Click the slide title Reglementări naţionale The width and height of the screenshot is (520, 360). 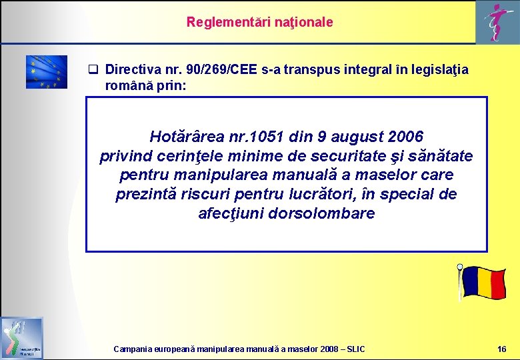click(x=259, y=22)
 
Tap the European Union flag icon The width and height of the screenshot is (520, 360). click(x=47, y=72)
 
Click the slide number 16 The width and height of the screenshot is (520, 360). click(x=501, y=349)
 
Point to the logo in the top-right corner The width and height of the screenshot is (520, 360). click(x=494, y=22)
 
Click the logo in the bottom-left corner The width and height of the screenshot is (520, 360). click(x=21, y=338)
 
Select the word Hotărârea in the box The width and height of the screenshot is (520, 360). click(x=183, y=137)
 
